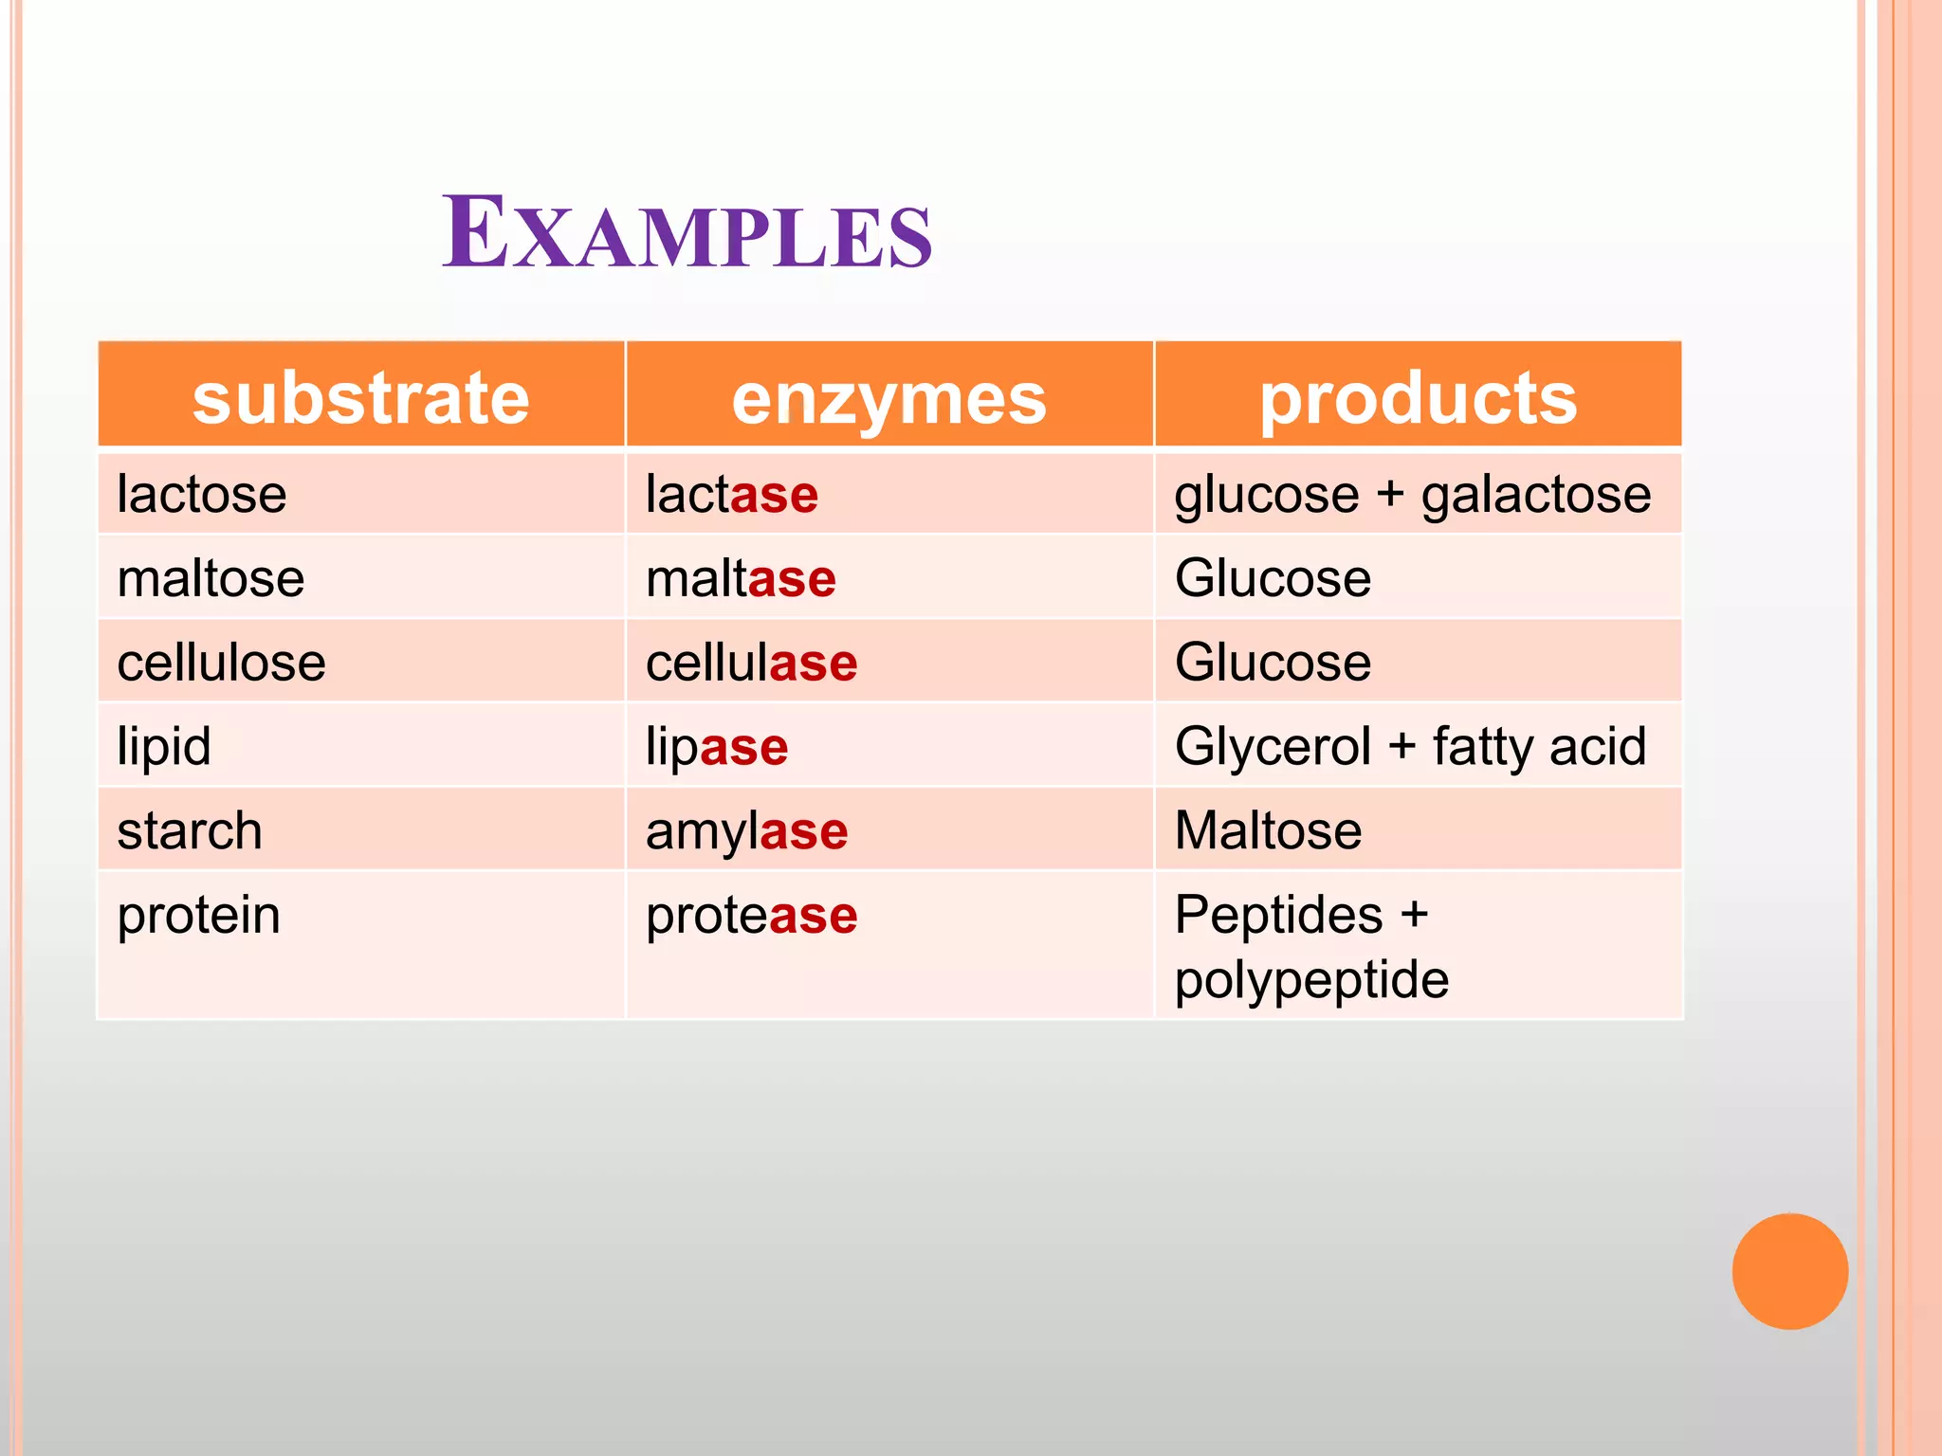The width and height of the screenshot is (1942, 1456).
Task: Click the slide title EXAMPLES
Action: coord(687,233)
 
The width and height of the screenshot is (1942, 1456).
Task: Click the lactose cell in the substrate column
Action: coord(202,495)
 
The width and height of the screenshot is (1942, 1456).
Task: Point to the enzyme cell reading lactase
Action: coord(731,495)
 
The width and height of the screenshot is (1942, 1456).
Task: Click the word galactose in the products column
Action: coord(1535,495)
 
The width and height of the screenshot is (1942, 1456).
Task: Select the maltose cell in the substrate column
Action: coord(211,578)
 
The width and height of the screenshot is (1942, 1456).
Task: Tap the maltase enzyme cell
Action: coord(741,578)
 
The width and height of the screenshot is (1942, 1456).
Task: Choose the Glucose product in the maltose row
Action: coord(1273,578)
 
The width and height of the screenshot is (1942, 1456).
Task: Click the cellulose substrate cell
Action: coord(221,662)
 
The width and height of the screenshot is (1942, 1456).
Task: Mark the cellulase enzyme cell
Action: coord(751,662)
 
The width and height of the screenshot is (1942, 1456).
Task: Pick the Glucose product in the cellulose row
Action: coord(1273,662)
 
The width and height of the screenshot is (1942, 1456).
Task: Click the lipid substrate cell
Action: coord(164,746)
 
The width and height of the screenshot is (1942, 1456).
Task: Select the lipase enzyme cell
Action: coord(717,746)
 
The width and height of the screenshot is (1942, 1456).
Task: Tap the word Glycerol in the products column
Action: coord(1273,746)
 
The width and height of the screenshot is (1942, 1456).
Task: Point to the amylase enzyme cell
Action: coord(746,830)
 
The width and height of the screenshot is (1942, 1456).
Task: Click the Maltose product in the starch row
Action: coord(1268,830)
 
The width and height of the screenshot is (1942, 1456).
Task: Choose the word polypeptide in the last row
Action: coord(1311,979)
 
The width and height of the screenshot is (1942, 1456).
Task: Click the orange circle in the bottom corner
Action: coord(1789,1270)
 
